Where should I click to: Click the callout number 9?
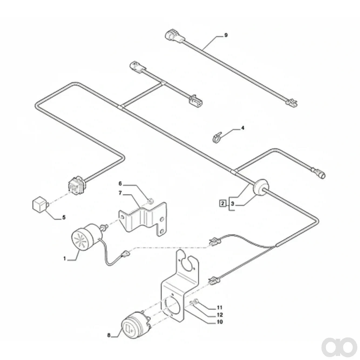(x=226, y=35)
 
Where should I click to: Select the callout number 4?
(x=243, y=128)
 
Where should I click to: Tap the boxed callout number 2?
(x=223, y=203)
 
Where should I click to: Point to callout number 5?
(x=64, y=217)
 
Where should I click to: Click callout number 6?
(x=120, y=184)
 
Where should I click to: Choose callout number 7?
(x=120, y=193)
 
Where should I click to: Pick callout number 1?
(x=65, y=258)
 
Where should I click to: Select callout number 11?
(x=220, y=307)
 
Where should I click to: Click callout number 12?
(x=220, y=315)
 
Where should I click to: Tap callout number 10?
(x=220, y=322)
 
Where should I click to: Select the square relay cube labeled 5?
(x=40, y=204)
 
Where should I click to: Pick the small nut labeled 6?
(x=151, y=201)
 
